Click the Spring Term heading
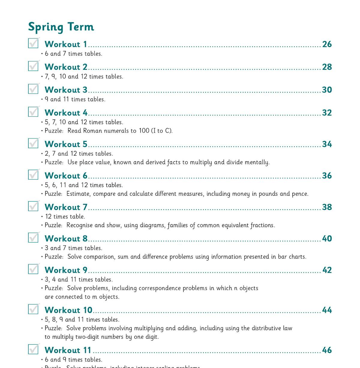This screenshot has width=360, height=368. [x=61, y=27]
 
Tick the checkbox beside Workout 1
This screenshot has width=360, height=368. [x=33, y=43]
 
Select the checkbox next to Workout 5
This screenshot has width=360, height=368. [x=33, y=143]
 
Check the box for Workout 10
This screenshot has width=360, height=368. [x=33, y=309]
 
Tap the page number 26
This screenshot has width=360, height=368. [x=327, y=44]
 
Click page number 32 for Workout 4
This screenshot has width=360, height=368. [x=327, y=113]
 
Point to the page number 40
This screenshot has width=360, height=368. [x=327, y=239]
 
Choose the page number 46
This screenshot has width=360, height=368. [x=327, y=350]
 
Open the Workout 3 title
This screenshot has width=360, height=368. [x=66, y=90]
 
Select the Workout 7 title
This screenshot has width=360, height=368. [x=66, y=207]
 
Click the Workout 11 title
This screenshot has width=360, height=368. [x=68, y=350]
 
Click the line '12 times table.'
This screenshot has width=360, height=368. [x=65, y=217]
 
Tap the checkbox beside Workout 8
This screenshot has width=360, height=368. [x=33, y=238]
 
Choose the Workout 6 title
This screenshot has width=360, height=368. [x=66, y=176]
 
